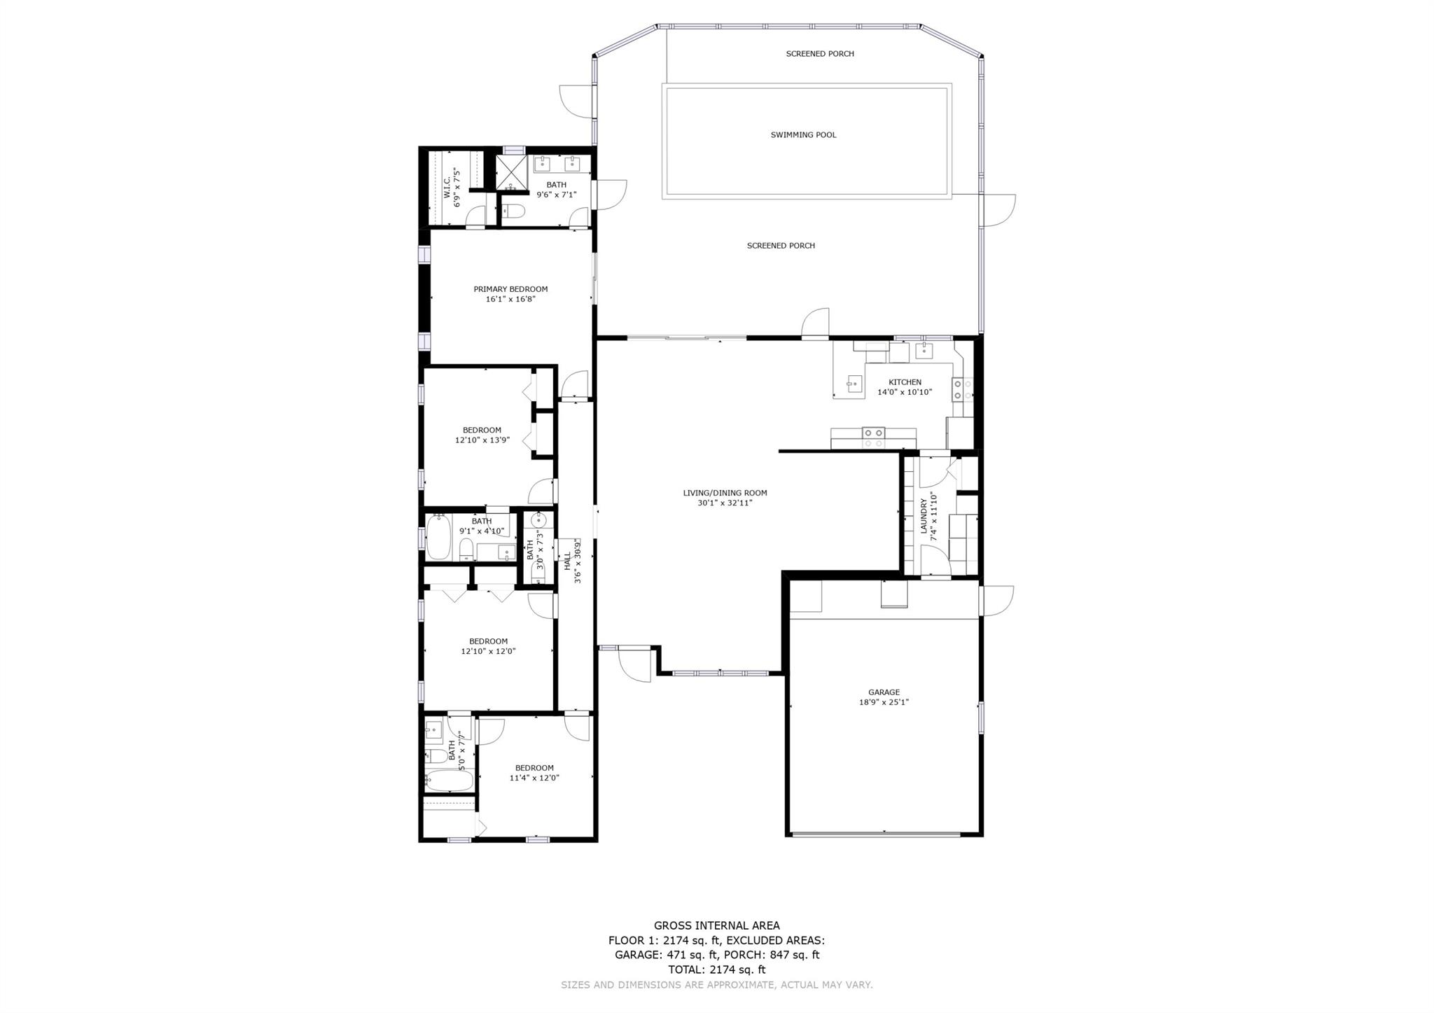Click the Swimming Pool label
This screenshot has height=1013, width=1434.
click(803, 135)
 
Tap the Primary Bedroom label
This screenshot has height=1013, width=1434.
click(510, 289)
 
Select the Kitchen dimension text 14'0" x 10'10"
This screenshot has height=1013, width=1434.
click(905, 392)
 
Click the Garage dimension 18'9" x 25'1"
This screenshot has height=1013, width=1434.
click(884, 702)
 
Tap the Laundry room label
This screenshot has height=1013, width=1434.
click(924, 517)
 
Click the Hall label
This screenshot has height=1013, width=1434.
click(567, 561)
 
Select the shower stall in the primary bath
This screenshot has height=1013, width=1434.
click(511, 172)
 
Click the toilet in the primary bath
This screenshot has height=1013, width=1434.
click(514, 211)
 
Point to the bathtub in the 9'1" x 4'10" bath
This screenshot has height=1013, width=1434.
click(438, 537)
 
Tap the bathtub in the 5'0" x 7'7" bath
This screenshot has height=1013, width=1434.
click(449, 780)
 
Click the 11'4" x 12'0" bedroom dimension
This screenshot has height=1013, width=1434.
click(534, 778)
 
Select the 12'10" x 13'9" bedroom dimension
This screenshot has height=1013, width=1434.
click(482, 440)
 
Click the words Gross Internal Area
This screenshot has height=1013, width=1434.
click(716, 925)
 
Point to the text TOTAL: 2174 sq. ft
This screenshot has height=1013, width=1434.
click(716, 970)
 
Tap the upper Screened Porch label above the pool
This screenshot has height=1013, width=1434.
click(820, 54)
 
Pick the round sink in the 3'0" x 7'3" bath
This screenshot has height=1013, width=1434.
click(539, 520)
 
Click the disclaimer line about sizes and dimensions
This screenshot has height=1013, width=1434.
click(717, 985)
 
